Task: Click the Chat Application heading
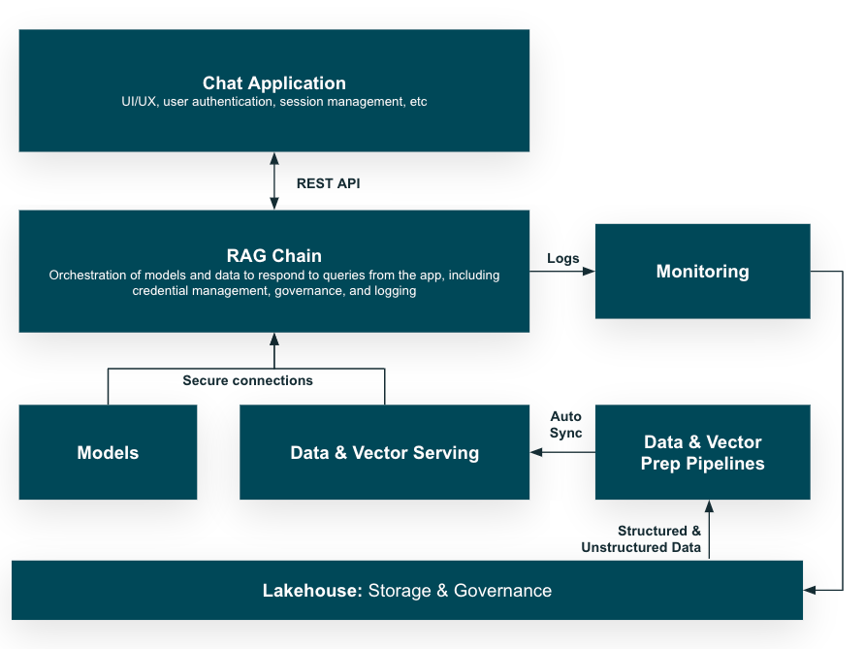(273, 83)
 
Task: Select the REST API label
(328, 182)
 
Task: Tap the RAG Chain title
(273, 256)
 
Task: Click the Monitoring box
(702, 272)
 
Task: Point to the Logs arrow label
(562, 258)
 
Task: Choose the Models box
(108, 452)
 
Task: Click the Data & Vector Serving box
(384, 452)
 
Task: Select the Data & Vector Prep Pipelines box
(702, 453)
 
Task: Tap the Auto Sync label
(565, 425)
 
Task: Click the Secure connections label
(247, 380)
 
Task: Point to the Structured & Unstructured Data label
(641, 539)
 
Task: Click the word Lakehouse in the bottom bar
(311, 590)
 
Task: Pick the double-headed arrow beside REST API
(274, 181)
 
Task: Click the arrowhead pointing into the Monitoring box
(589, 272)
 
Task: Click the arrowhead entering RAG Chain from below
(274, 340)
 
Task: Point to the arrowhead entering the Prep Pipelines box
(709, 506)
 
